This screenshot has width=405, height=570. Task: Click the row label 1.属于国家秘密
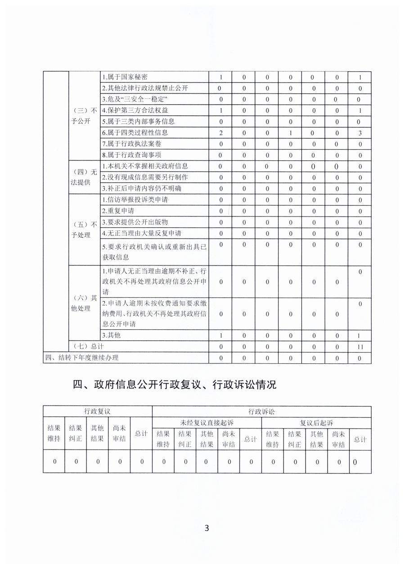coord(125,77)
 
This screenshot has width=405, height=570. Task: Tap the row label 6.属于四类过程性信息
coord(135,133)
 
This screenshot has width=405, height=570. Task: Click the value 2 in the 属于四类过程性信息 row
coord(220,133)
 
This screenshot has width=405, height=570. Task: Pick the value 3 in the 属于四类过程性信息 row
coord(360,133)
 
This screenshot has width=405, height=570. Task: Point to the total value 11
coord(360,347)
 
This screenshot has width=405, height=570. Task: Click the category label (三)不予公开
coord(85,116)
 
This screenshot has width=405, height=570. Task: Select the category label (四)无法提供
coord(85,177)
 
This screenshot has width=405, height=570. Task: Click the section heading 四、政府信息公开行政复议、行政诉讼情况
coord(175,384)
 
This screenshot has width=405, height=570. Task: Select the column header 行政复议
coord(97,411)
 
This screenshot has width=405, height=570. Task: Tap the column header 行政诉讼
coord(261,411)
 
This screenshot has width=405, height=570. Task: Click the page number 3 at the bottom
coord(207,528)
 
